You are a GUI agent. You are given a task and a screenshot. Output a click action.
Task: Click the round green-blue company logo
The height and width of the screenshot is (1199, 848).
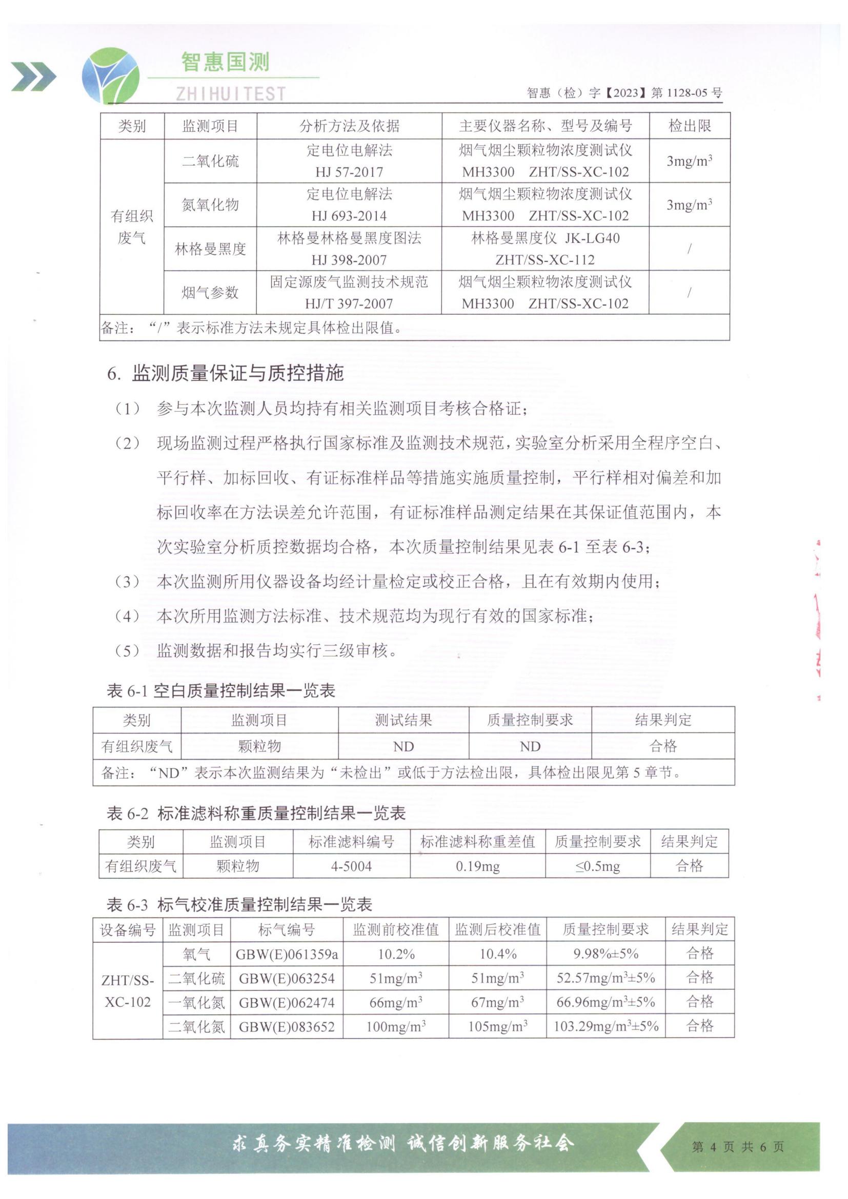[x=111, y=75]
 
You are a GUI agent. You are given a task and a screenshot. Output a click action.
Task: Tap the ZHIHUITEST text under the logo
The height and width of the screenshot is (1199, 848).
[x=230, y=93]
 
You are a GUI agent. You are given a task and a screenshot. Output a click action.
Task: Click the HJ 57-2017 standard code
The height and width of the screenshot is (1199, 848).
[x=349, y=172]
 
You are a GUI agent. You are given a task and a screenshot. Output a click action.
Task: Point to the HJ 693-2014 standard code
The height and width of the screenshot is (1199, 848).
[x=349, y=216]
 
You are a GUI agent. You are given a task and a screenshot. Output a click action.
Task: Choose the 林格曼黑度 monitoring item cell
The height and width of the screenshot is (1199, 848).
[x=210, y=249]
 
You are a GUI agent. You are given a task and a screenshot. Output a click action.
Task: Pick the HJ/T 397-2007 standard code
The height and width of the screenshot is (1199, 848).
[x=349, y=303]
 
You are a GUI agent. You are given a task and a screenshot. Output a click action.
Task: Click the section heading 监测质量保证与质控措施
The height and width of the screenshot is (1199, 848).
[x=237, y=373]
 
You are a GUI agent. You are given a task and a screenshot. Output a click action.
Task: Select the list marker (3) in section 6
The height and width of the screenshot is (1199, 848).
[x=127, y=581]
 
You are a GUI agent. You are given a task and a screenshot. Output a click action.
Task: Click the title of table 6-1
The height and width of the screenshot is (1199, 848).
[x=221, y=691]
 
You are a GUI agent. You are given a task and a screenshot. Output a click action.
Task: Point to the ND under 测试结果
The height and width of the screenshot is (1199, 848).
[x=403, y=746]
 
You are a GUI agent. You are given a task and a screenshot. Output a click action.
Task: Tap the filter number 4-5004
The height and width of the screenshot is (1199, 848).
[x=351, y=866]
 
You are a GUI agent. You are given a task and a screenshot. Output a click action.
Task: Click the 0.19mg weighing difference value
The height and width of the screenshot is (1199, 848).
[x=477, y=866]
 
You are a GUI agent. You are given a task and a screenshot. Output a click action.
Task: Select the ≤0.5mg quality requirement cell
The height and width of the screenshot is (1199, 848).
[x=597, y=866]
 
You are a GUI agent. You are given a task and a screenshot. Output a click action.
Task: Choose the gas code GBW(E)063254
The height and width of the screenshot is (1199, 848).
[x=287, y=978]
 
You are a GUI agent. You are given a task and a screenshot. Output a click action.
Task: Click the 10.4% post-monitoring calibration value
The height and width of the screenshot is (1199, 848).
[x=498, y=954]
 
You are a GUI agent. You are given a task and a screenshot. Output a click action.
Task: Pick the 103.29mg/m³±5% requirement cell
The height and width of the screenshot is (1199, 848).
[x=605, y=1026]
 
